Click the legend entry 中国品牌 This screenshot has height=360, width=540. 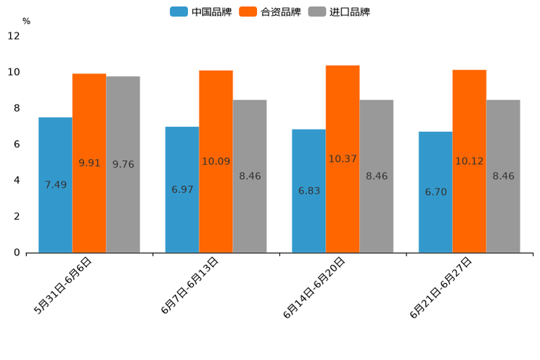201,12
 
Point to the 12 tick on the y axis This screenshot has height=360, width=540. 14,36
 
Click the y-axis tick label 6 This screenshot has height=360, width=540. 17,144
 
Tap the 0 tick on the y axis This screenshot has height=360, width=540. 17,253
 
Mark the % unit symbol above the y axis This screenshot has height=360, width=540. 26,21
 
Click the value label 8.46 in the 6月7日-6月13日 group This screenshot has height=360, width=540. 250,176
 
